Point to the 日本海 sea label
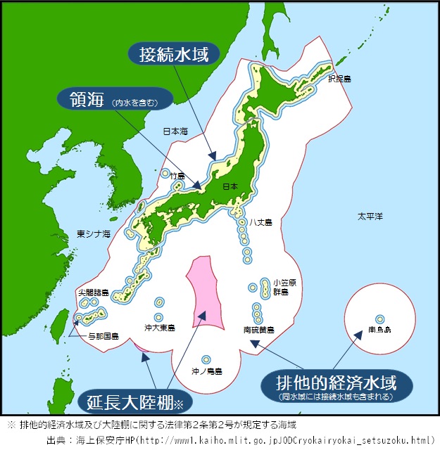[x=176, y=131]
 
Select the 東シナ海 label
[x=94, y=233]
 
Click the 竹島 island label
[x=177, y=176]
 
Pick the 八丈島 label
[x=263, y=221]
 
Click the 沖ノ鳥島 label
[x=207, y=370]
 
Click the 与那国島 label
[x=103, y=336]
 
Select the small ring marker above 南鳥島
[x=379, y=318]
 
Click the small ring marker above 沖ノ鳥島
[x=206, y=359]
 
